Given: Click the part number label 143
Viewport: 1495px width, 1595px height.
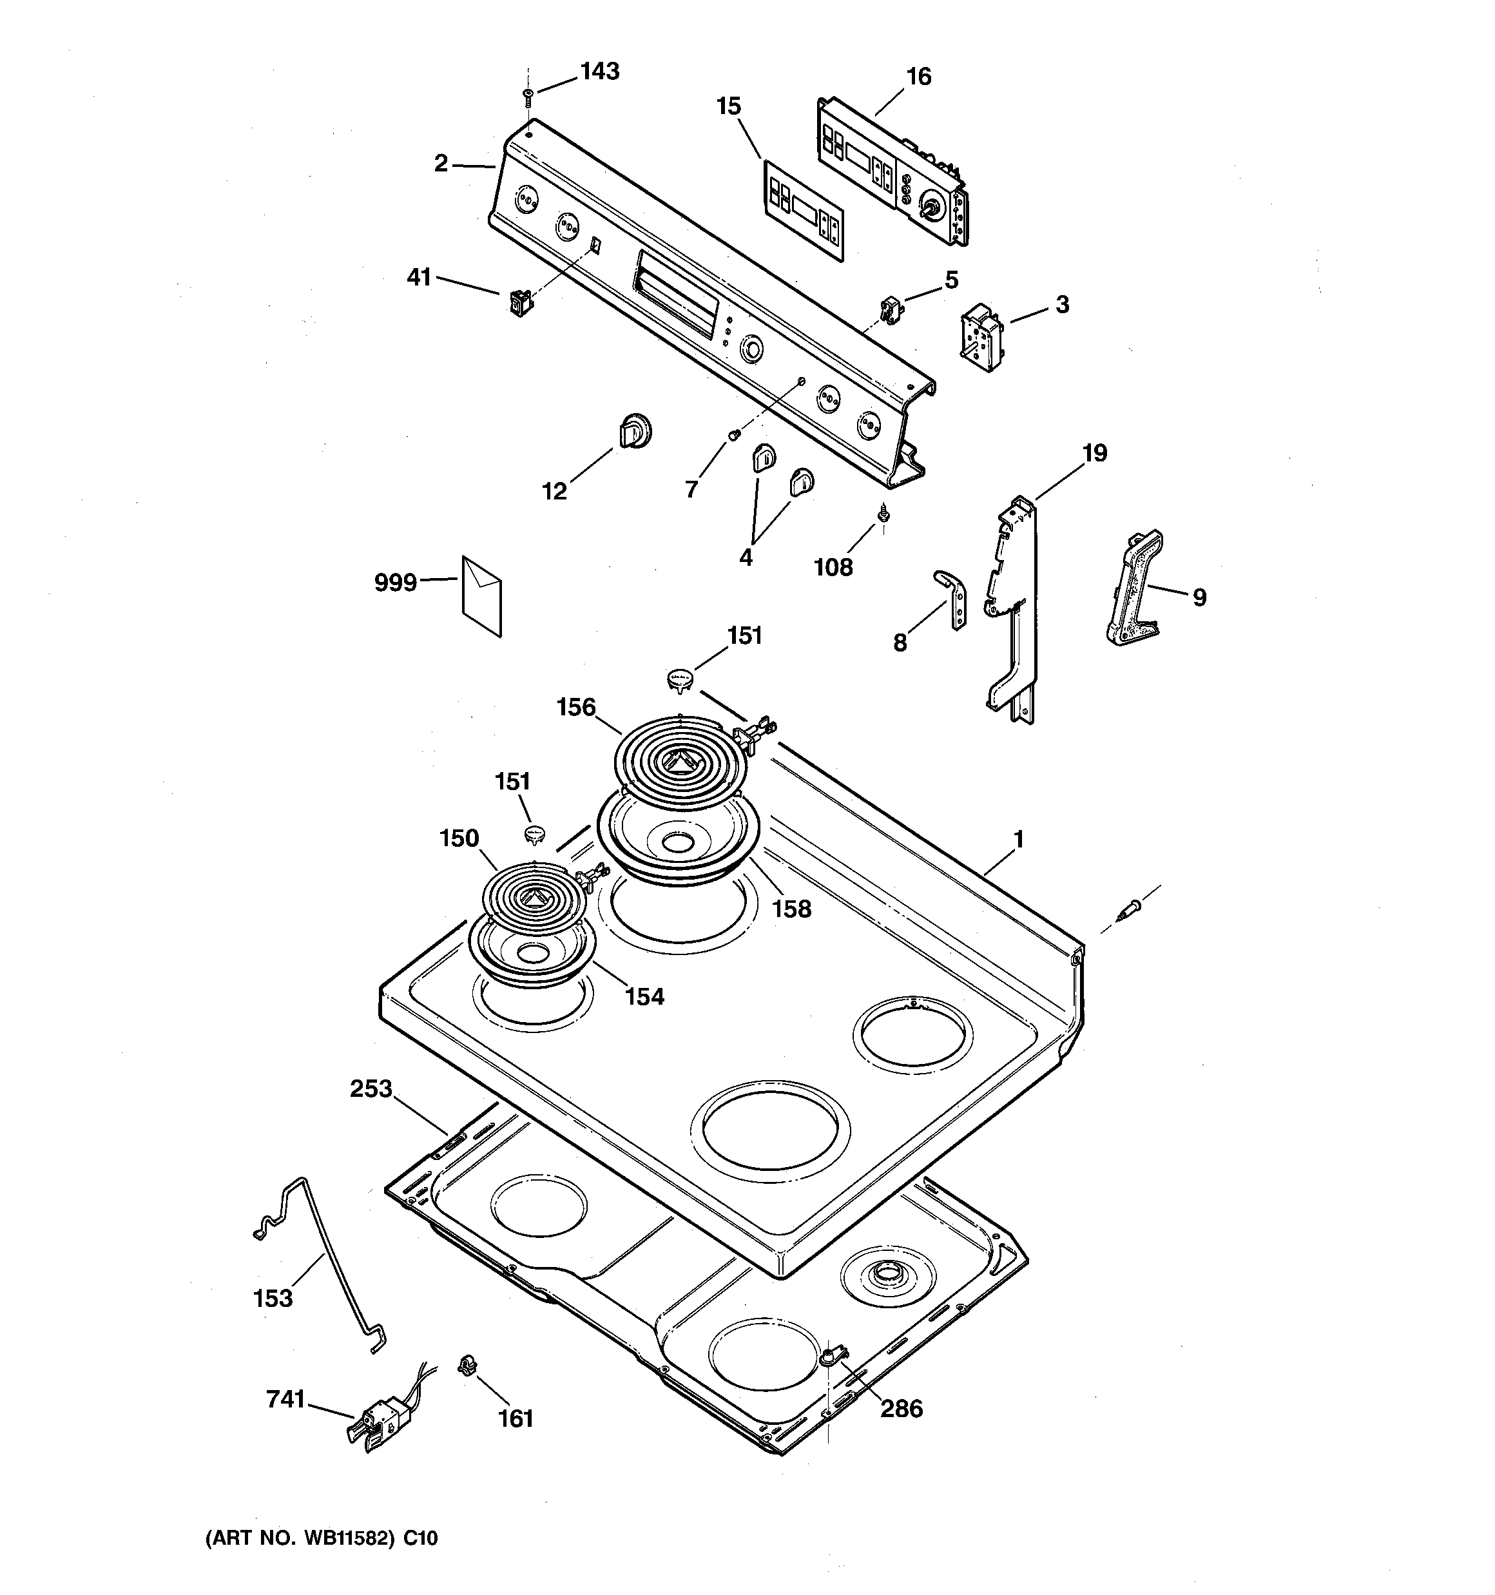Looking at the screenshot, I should coord(599,72).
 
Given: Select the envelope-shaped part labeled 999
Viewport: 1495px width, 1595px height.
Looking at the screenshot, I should coord(481,595).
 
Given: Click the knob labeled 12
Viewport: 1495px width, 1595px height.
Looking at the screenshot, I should coord(635,432).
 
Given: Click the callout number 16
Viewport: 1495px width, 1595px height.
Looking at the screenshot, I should coord(919,77).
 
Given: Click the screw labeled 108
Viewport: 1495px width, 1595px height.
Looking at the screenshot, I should coord(883,511).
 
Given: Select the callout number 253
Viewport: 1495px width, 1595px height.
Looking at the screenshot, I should coord(371,1088).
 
